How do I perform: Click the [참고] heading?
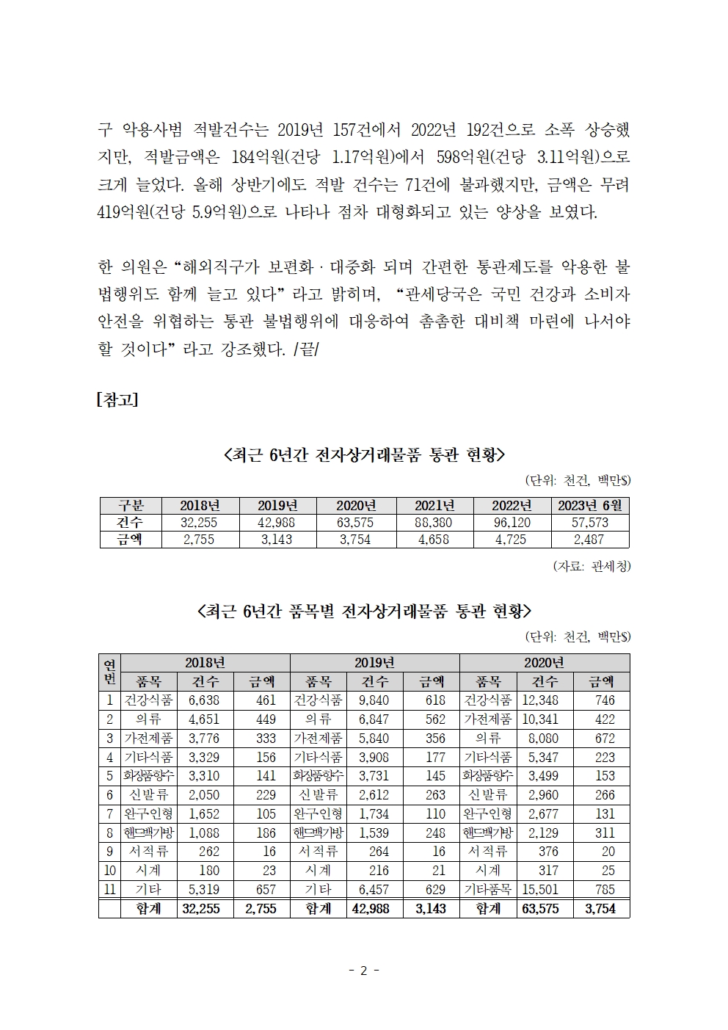pyautogui.click(x=117, y=400)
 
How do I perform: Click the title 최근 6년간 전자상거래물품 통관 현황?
pyautogui.click(x=364, y=456)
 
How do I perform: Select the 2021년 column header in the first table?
pyautogui.click(x=434, y=505)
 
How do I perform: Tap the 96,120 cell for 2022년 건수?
pyautogui.click(x=512, y=523)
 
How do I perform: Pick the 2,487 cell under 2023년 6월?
pyautogui.click(x=590, y=540)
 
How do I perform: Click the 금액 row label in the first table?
pyautogui.click(x=129, y=540)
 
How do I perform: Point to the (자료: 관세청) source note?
pyautogui.click(x=591, y=566)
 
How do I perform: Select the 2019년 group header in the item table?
pyautogui.click(x=374, y=662)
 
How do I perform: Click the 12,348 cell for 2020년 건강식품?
pyautogui.click(x=540, y=700)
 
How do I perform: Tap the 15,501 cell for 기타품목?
pyautogui.click(x=540, y=890)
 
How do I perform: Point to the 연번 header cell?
pyautogui.click(x=109, y=672)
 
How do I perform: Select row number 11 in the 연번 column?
pyautogui.click(x=109, y=890)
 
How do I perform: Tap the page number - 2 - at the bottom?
pyautogui.click(x=364, y=971)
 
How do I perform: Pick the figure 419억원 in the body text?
pyautogui.click(x=123, y=213)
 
